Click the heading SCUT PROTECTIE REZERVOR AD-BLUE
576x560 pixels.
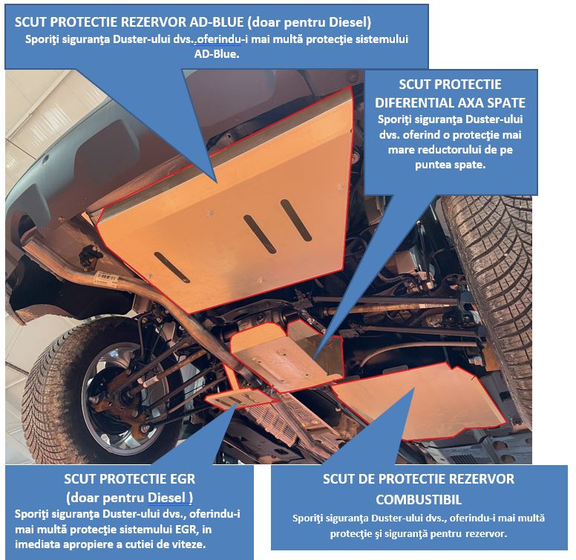pyautogui.click(x=129, y=22)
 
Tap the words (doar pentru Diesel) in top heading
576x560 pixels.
pyautogui.click(x=310, y=22)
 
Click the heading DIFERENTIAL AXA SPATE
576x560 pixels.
pyautogui.click(x=450, y=103)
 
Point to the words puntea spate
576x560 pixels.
pyautogui.click(x=450, y=165)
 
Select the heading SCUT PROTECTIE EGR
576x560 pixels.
pyautogui.click(x=130, y=479)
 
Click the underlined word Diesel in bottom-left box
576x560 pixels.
pyautogui.click(x=166, y=498)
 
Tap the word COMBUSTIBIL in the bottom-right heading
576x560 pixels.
pyautogui.click(x=419, y=499)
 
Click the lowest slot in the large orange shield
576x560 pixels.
pyautogui.click(x=172, y=267)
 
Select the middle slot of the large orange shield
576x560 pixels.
pyautogui.click(x=260, y=234)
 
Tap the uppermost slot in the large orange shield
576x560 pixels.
pyautogui.click(x=296, y=220)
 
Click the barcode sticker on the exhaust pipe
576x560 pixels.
pyautogui.click(x=107, y=277)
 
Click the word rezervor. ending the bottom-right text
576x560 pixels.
pyautogui.click(x=486, y=533)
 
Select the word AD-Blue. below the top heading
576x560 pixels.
pyautogui.click(x=217, y=54)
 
